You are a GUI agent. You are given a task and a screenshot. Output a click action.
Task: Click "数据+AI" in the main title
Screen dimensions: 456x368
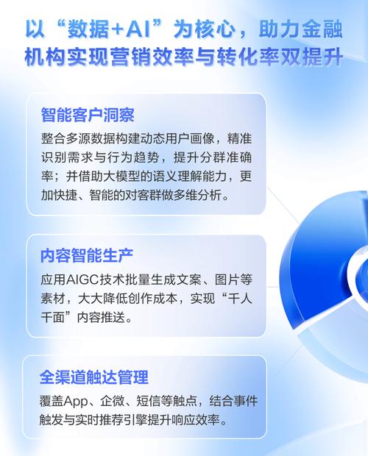[114, 27]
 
